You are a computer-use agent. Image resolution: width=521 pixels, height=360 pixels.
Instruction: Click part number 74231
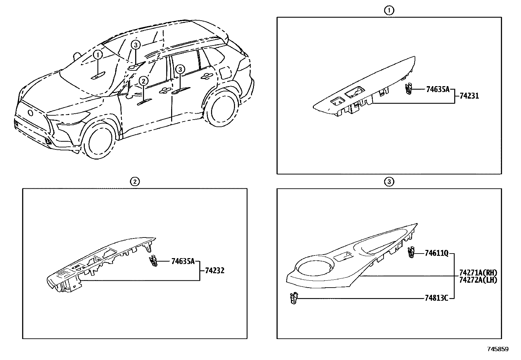pos(469,96)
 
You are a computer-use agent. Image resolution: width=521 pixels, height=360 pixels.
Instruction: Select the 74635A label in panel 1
pos(438,89)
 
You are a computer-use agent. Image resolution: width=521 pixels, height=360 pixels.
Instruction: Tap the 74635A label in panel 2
pos(183,261)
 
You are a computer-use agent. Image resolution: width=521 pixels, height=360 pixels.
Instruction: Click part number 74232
pos(215,271)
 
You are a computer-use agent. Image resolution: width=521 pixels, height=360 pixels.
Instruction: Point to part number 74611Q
pos(437,253)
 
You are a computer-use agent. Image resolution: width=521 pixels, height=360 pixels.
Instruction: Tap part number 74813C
pos(436,298)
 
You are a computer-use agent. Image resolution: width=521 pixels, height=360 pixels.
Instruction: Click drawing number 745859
pos(498,349)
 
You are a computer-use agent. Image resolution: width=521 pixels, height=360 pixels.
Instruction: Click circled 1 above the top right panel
pos(389,10)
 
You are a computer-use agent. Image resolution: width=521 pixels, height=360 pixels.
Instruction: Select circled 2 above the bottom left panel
pos(135,181)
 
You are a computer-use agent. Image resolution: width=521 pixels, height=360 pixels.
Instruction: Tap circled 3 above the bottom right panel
pos(389,181)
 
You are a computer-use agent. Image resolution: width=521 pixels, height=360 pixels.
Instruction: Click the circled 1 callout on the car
pos(98,55)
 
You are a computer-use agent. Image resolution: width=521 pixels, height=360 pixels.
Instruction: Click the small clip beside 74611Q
pos(411,253)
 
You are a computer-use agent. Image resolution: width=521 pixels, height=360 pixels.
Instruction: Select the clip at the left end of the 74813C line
pos(294,298)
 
